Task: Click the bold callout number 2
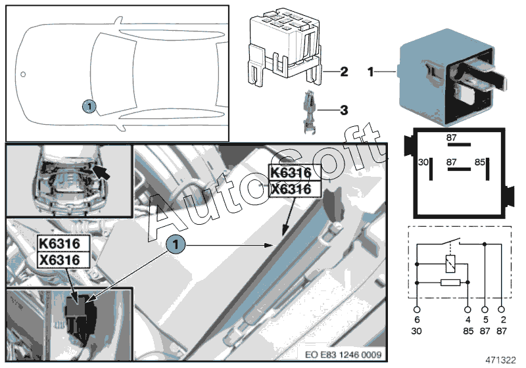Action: click(x=343, y=72)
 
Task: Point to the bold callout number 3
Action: click(x=343, y=110)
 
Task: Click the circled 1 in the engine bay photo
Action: click(x=175, y=244)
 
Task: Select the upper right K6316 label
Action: click(x=290, y=173)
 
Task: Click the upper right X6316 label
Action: click(x=290, y=189)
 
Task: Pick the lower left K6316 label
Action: click(x=59, y=244)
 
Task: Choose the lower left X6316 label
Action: click(x=59, y=260)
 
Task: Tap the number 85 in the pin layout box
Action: click(x=480, y=162)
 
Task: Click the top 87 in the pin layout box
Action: click(x=452, y=138)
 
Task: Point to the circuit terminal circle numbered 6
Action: click(x=417, y=309)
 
